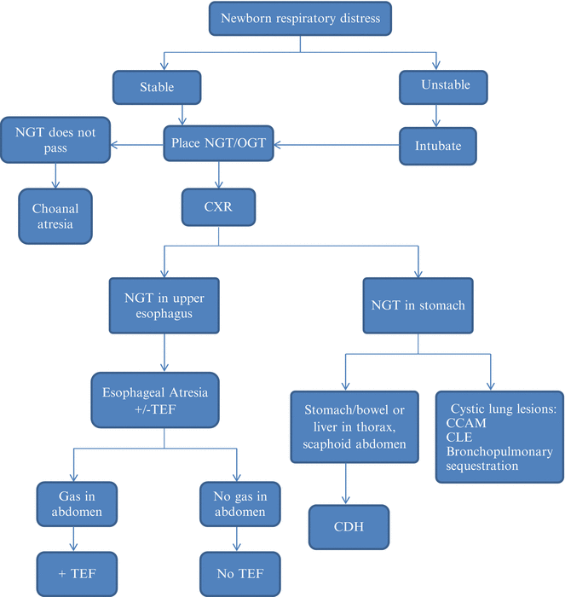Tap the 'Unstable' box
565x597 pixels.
coord(437,85)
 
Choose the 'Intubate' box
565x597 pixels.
coord(437,145)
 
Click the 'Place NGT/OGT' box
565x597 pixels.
coord(220,145)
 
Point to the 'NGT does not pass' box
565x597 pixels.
coord(56,142)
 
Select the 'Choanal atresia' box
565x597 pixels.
coord(55,215)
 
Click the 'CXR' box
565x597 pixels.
coord(220,206)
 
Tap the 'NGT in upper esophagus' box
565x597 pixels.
coord(164,304)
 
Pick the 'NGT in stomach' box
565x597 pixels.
coord(418,304)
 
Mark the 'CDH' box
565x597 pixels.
coord(348,526)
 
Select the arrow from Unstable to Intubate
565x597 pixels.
coord(437,115)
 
